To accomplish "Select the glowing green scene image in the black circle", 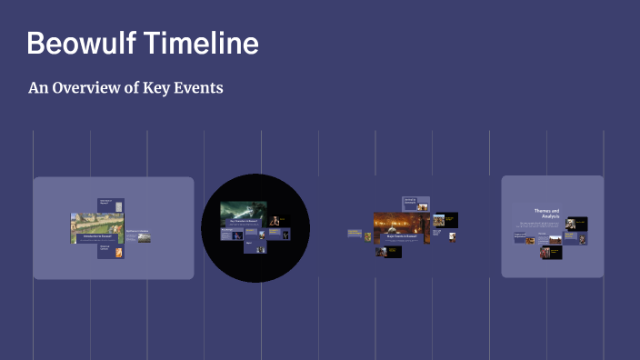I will click(x=243, y=214).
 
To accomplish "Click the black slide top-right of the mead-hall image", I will click(x=445, y=220).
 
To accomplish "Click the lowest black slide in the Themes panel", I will click(x=551, y=252).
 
